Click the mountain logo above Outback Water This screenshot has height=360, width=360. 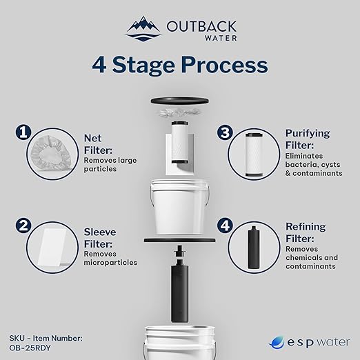(143, 27)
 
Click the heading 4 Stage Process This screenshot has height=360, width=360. (180, 65)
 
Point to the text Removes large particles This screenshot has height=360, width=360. (103, 163)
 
